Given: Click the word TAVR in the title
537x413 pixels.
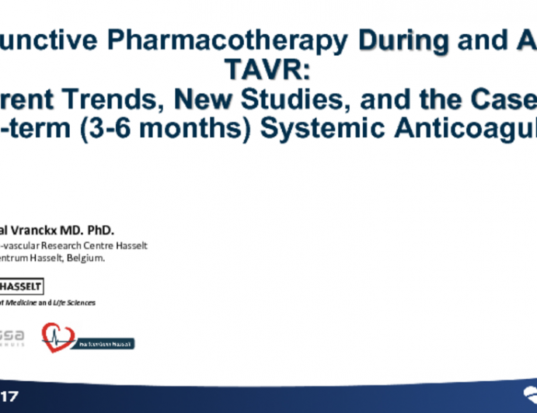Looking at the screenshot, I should [268, 71].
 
